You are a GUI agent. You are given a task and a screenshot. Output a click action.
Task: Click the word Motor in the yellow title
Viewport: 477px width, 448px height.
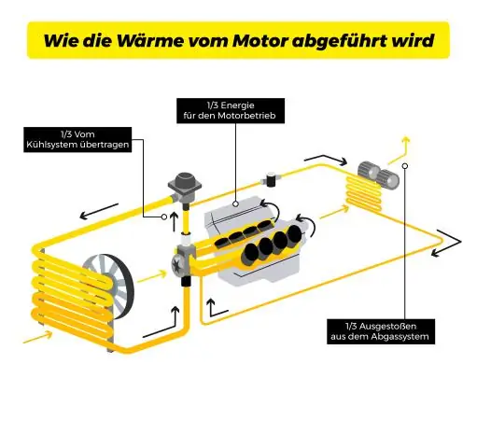pyautogui.click(x=260, y=40)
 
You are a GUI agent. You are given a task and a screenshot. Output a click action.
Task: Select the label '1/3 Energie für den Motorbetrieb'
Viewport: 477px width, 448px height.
pyautogui.click(x=231, y=111)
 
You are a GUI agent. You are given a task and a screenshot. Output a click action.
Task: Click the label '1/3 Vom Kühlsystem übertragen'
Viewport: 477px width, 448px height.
pyautogui.click(x=77, y=140)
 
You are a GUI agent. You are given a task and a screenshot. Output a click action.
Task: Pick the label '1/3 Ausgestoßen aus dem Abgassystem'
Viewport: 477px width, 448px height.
pyautogui.click(x=381, y=331)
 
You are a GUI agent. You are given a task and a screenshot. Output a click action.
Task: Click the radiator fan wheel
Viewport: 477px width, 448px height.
pyautogui.click(x=109, y=287)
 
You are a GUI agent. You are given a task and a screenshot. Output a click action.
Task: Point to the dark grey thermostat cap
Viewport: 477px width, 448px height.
pyautogui.click(x=185, y=180)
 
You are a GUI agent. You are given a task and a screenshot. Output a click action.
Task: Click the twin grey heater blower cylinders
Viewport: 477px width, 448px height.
pyautogui.click(x=378, y=175)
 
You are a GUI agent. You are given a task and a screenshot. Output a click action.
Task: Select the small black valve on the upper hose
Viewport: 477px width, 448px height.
pyautogui.click(x=271, y=178)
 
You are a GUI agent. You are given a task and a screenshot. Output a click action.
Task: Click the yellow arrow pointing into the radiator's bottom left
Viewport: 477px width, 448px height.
pyautogui.click(x=37, y=337)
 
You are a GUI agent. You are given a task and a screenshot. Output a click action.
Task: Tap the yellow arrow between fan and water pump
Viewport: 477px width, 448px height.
pyautogui.click(x=152, y=276)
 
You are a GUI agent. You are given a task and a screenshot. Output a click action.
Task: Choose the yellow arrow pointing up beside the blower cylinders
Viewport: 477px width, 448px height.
pyautogui.click(x=400, y=150)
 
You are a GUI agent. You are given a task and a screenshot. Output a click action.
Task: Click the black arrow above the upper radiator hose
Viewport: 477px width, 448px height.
pyautogui.click(x=99, y=212)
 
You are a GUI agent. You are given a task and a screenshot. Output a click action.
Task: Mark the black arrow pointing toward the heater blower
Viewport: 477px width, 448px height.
pyautogui.click(x=326, y=160)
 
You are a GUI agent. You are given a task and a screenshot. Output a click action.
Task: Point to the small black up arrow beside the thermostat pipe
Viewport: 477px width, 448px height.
pyautogui.click(x=174, y=221)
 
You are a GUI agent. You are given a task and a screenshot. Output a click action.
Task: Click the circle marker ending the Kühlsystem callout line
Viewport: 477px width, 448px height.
pyautogui.click(x=164, y=217)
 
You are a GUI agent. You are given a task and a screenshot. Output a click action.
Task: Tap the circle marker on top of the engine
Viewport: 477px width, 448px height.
pyautogui.click(x=236, y=204)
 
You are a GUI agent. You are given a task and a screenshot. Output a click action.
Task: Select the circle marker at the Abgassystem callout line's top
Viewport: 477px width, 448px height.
pyautogui.click(x=405, y=166)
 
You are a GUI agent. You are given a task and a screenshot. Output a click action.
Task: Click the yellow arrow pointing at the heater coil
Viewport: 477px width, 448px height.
pyautogui.click(x=334, y=213)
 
